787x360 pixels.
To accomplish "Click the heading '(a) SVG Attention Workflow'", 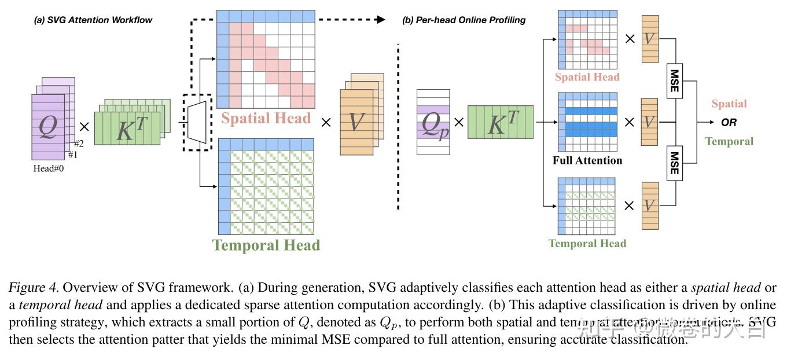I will (x=93, y=20).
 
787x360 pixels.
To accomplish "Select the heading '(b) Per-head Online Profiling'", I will (x=464, y=20).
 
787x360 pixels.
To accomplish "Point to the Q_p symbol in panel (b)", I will (x=433, y=122).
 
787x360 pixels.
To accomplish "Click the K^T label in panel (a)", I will (x=132, y=128).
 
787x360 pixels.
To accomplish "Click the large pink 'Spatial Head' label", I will (x=266, y=119).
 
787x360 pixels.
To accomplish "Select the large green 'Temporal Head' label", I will (x=266, y=245).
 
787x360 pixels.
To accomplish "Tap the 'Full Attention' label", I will (x=587, y=160).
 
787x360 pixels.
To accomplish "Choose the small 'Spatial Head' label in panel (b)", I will (x=587, y=77).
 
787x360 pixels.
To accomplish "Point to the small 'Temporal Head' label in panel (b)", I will (x=587, y=244).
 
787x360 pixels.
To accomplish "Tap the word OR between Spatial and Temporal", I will (x=729, y=123).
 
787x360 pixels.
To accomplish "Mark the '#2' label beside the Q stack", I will (x=79, y=144).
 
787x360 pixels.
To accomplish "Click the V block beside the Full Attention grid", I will (x=649, y=122).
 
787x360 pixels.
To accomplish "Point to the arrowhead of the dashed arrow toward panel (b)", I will (x=380, y=19).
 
